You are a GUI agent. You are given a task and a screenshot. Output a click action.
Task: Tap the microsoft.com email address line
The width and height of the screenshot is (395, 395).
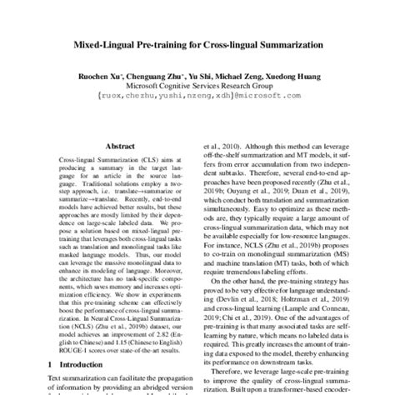pyautogui.click(x=197, y=95)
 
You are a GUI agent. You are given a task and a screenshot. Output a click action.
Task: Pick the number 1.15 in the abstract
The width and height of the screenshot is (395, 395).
pyautogui.click(x=97, y=340)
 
